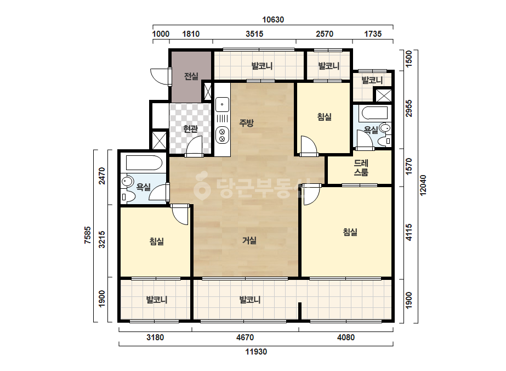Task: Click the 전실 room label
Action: [191, 76]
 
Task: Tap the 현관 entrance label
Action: [190, 128]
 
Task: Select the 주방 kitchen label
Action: [246, 122]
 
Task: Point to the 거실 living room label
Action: [249, 240]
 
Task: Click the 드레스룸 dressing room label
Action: [361, 167]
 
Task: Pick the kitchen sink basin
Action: [222, 104]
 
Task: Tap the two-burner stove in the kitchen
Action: [222, 135]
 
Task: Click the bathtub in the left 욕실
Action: [144, 163]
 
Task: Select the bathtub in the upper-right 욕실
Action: [374, 113]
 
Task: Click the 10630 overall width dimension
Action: [273, 20]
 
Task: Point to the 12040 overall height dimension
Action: [423, 185]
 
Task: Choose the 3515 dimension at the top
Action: [254, 34]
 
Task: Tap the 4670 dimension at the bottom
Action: [245, 338]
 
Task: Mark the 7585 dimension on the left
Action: [88, 235]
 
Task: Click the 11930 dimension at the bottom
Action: [256, 352]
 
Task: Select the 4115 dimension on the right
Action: [409, 232]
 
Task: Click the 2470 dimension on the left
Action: [101, 176]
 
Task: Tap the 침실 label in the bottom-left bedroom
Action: [156, 241]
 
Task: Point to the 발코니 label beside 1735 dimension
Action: [372, 80]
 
